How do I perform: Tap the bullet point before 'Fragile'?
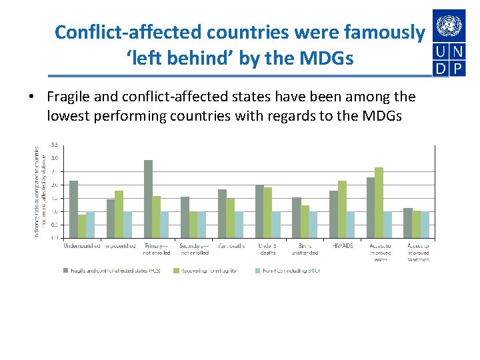[x=31, y=97]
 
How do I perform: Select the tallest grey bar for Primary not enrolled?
[x=148, y=198]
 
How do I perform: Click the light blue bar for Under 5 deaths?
[x=276, y=224]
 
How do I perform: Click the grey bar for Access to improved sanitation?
[x=408, y=223]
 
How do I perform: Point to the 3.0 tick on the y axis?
[x=54, y=158]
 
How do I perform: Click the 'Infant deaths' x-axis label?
[x=231, y=246]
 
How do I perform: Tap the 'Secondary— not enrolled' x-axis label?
[x=194, y=249]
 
